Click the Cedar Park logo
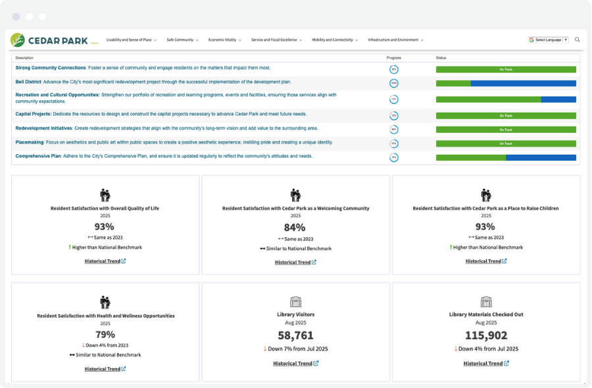click(x=49, y=40)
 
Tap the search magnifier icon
click(x=577, y=40)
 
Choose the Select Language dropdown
click(x=548, y=40)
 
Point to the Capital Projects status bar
click(x=506, y=115)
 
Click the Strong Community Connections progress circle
click(x=393, y=69)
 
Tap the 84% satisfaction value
click(x=295, y=227)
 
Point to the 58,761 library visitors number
click(x=295, y=335)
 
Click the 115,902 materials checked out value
click(x=485, y=335)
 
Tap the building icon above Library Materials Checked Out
click(x=486, y=302)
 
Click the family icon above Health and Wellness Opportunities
click(x=105, y=302)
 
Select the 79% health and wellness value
click(x=105, y=335)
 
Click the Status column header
click(x=441, y=58)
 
